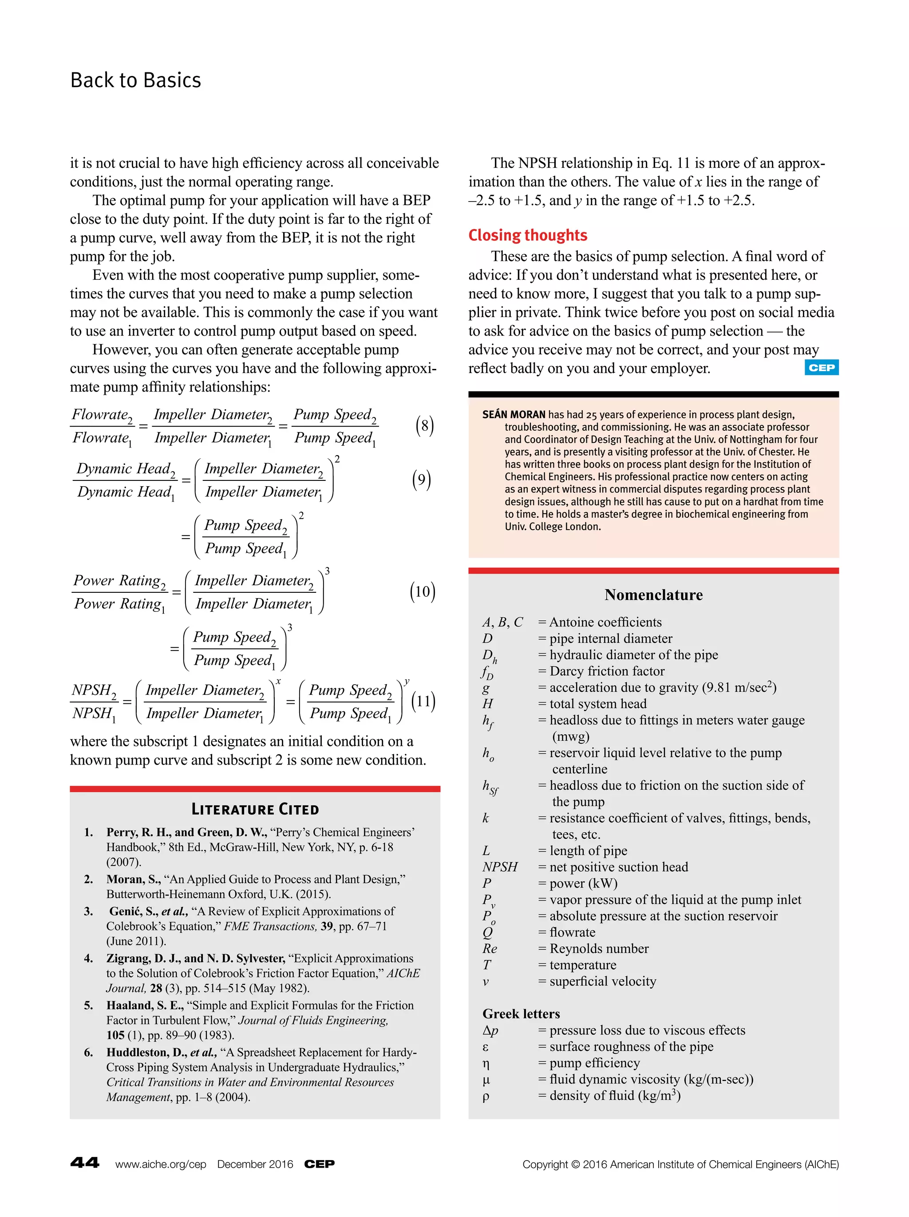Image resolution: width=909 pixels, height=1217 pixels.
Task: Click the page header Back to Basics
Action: tap(135, 80)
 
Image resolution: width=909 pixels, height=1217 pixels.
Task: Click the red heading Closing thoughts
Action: tap(527, 235)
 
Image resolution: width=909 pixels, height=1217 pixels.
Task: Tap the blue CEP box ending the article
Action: tap(821, 368)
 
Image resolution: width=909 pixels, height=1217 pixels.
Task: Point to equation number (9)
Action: tap(421, 480)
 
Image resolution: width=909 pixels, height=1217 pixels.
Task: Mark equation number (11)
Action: tap(423, 701)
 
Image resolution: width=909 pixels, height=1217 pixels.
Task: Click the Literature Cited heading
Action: tap(255, 809)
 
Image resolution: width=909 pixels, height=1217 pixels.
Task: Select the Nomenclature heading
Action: tap(653, 595)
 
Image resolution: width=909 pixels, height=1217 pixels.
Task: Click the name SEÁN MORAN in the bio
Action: tap(513, 414)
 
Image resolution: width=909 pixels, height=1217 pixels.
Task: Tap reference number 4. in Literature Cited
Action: tap(88, 959)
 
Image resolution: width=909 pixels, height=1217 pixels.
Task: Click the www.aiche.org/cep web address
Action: tap(160, 1164)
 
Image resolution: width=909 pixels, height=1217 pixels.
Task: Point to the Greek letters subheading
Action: tap(521, 1014)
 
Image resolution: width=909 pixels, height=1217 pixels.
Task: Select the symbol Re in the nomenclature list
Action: tap(490, 948)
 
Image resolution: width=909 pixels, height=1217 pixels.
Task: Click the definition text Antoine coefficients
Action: tap(605, 622)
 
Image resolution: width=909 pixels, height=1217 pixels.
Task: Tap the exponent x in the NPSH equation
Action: tap(278, 681)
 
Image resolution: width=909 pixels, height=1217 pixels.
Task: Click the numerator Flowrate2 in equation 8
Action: tap(102, 415)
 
